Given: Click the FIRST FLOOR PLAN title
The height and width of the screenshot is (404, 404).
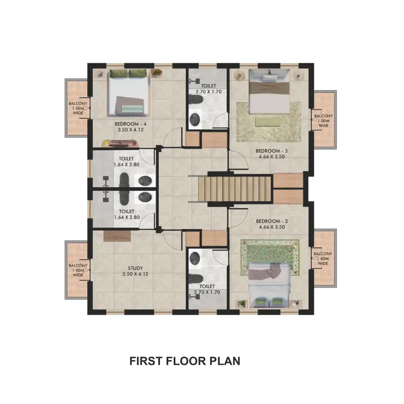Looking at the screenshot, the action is [x=185, y=361].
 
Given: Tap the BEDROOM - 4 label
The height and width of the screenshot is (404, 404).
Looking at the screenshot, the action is [x=130, y=124].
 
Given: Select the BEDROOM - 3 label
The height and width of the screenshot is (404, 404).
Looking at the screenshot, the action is [x=271, y=151].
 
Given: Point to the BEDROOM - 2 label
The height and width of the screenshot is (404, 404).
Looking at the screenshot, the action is [x=272, y=221].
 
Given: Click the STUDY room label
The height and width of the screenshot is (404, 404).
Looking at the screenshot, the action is [x=135, y=268].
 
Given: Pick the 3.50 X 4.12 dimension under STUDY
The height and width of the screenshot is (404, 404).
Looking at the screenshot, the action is [x=135, y=274].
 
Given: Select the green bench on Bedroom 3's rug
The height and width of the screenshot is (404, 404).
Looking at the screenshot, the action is [x=267, y=122].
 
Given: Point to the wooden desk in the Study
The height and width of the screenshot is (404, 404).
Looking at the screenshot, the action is [x=117, y=236].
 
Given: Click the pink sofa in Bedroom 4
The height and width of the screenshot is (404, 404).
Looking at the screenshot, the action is [x=120, y=143].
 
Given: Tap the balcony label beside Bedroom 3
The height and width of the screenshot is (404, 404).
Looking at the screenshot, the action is [x=323, y=120].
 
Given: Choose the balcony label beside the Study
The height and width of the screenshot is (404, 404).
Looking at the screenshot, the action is [x=78, y=270].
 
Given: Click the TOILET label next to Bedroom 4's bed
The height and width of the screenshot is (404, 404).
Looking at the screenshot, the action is [x=208, y=86].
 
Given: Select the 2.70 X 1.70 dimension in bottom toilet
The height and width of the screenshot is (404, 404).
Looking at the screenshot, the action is [x=207, y=292].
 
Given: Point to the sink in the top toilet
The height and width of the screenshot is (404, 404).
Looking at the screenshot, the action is [x=195, y=119].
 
